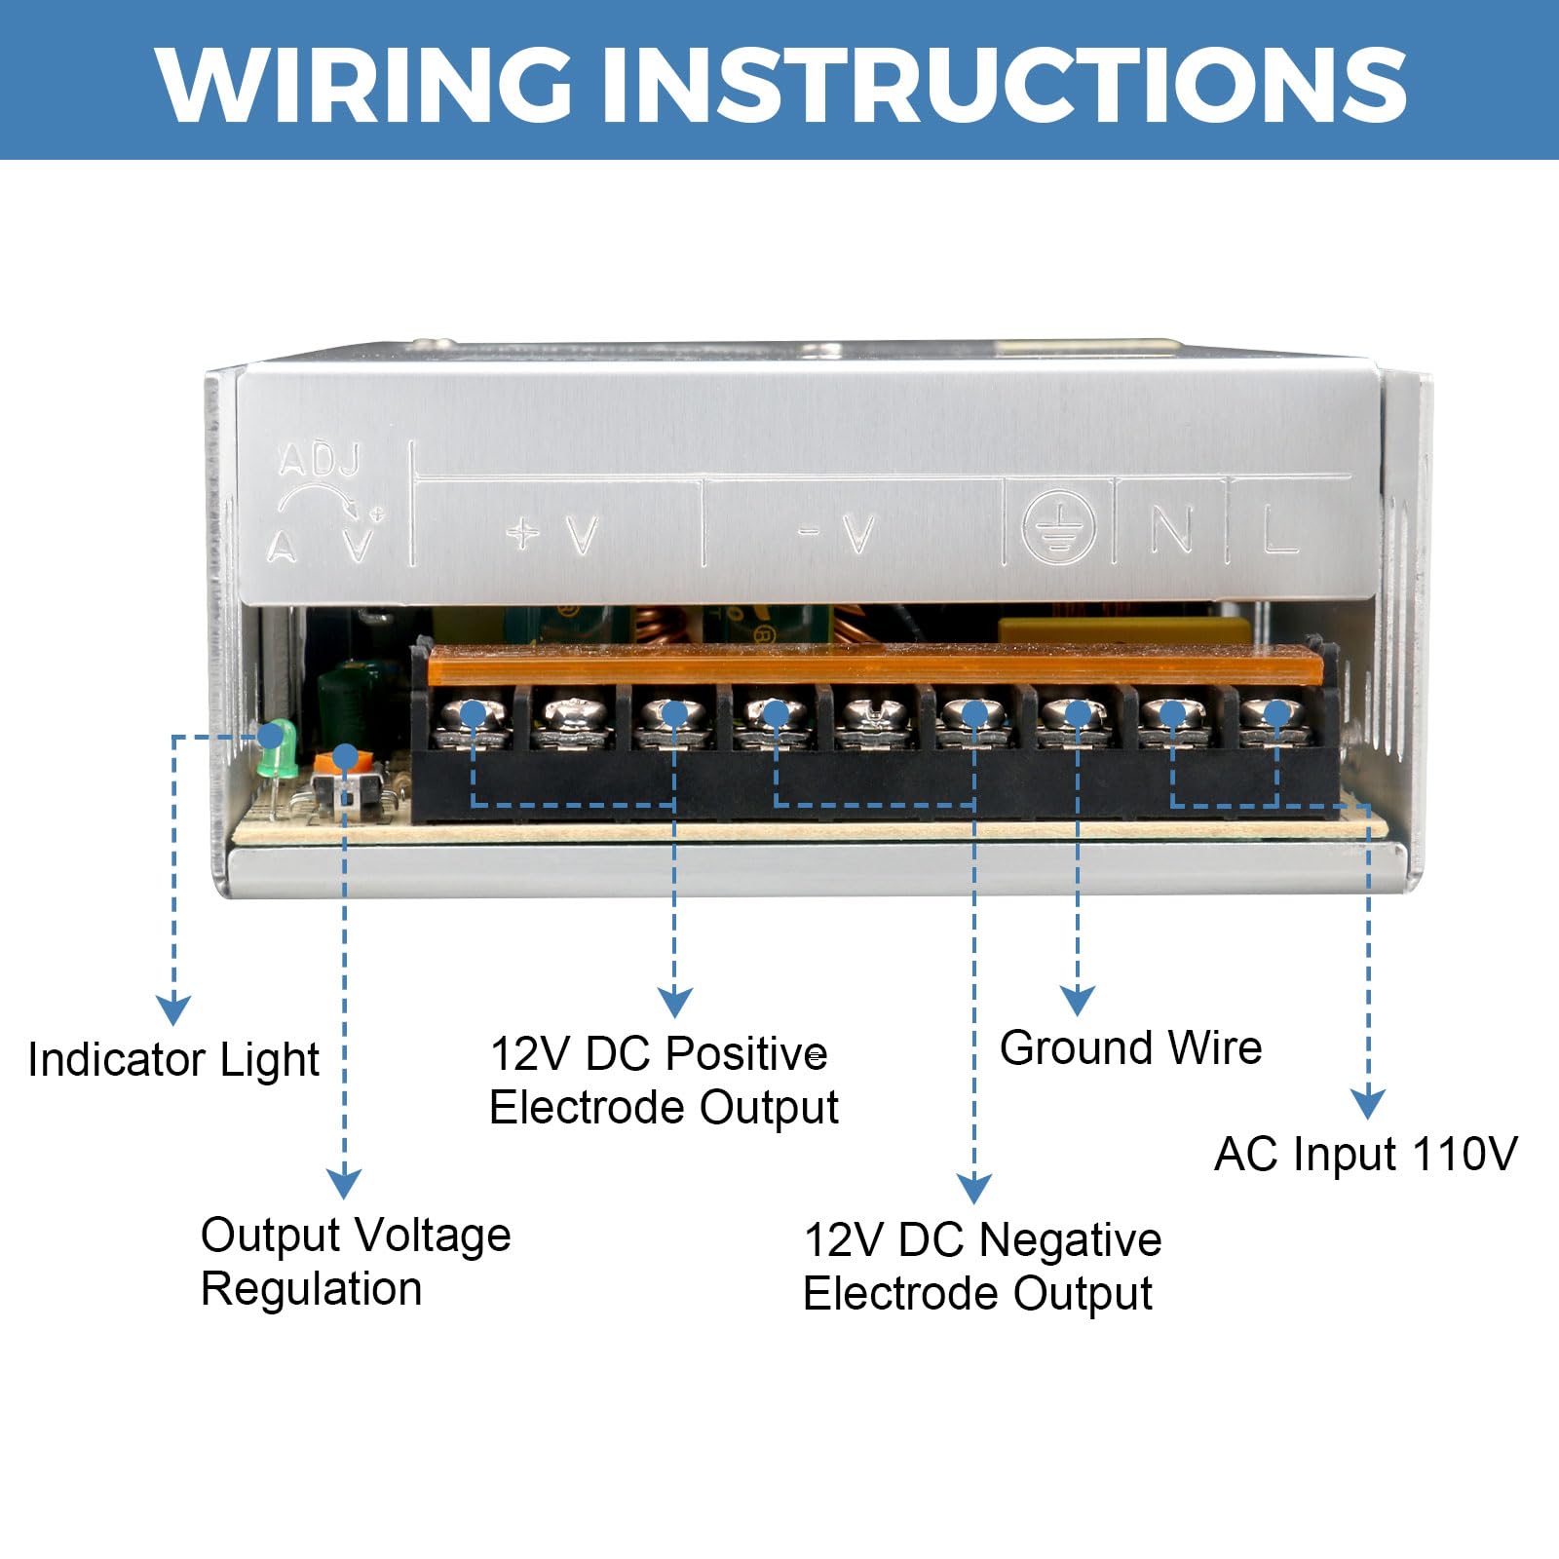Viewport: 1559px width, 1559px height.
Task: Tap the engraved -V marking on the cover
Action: click(x=837, y=534)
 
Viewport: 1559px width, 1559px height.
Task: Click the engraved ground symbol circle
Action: click(x=1058, y=527)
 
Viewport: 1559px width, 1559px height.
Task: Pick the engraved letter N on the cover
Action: click(x=1170, y=531)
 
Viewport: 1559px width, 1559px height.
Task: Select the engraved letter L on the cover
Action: click(x=1279, y=531)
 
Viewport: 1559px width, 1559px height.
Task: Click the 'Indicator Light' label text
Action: click(x=173, y=1060)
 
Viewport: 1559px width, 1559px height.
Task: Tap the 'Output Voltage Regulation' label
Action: click(x=356, y=1262)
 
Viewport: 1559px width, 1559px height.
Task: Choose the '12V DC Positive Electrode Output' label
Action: click(x=663, y=1081)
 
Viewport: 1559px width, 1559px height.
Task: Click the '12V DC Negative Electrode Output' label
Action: click(x=981, y=1267)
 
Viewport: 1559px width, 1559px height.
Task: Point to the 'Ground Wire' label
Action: click(x=1130, y=1048)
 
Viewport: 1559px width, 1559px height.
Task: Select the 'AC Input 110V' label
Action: click(x=1365, y=1155)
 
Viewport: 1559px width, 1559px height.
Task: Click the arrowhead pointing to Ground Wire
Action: click(x=1077, y=1001)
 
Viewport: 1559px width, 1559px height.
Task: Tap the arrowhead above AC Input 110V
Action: click(x=1368, y=1104)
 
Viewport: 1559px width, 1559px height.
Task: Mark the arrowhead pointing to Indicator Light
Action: click(x=173, y=1010)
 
